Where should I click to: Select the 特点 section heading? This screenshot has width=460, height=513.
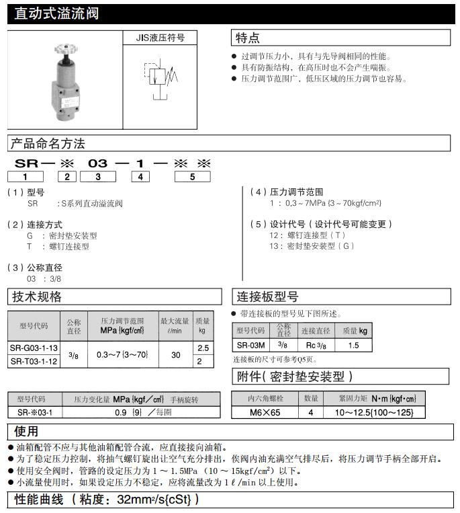248,38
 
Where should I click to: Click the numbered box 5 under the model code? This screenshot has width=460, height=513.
192,177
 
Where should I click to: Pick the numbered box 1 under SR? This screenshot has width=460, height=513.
25,177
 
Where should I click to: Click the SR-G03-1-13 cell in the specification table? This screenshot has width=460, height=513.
34,348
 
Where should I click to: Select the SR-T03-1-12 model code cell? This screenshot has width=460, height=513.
34,361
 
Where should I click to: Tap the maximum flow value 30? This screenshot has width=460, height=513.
175,354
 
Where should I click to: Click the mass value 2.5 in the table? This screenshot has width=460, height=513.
202,348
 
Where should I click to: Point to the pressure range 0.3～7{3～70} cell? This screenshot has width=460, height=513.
122,354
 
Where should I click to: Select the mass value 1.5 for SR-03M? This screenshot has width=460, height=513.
354,346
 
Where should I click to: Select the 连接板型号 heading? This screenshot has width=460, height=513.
267,297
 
